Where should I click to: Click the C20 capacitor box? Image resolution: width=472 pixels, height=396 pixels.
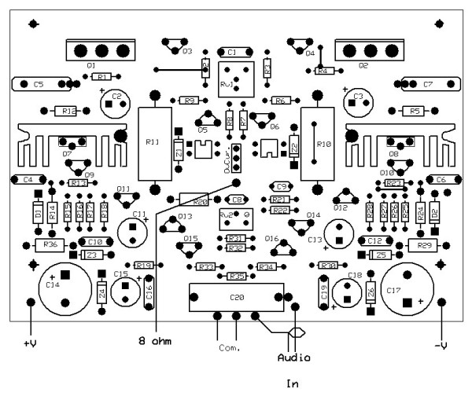tap(235, 298)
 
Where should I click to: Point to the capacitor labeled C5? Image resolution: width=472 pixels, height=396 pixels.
tap(40, 83)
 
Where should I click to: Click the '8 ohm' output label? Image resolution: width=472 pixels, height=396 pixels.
tap(155, 341)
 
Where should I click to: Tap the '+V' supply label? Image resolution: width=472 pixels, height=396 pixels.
tap(30, 343)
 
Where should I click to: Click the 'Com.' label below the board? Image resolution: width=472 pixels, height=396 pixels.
tap(229, 346)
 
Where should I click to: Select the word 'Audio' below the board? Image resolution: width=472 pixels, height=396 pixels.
tap(293, 357)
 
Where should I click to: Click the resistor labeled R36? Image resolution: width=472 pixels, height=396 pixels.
tap(50, 245)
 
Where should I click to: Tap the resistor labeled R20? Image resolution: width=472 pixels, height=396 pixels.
tap(200, 201)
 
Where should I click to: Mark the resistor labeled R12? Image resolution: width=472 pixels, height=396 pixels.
tap(69, 112)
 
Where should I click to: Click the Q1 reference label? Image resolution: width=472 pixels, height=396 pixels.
tap(92, 65)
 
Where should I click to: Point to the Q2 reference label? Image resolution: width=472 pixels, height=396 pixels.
tap(363, 66)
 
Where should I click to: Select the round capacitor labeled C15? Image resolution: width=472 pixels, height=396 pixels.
tap(123, 290)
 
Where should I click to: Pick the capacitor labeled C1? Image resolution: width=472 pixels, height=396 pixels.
tap(231, 52)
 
